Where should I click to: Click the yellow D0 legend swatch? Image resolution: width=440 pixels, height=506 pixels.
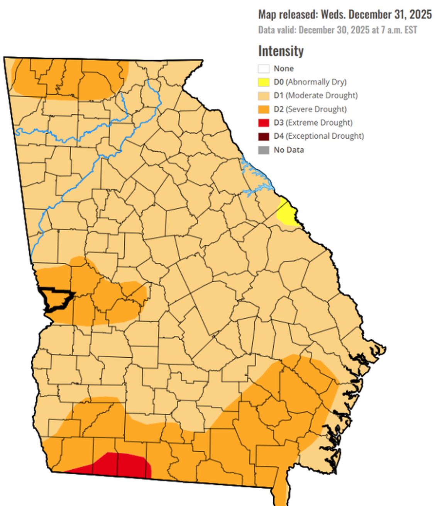coord(264,82)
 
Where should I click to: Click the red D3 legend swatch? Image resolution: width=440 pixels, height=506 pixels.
coord(264,123)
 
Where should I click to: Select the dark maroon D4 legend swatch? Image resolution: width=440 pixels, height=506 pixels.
coord(264,136)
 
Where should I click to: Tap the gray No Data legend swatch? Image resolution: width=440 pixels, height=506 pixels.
coord(264,150)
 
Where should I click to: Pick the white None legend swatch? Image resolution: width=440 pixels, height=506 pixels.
coord(264,69)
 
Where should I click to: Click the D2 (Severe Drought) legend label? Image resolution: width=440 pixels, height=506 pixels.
coord(310,109)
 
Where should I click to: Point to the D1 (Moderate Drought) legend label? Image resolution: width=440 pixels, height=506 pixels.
coord(315,95)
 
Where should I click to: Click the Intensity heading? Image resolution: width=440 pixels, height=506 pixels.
coord(281,51)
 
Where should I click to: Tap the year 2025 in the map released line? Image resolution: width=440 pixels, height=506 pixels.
coord(420,15)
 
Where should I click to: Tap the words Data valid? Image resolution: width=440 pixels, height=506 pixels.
coord(277,30)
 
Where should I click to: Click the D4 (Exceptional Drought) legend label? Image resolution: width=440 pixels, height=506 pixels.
coord(318,136)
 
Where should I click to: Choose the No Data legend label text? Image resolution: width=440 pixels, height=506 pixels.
coord(289,150)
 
